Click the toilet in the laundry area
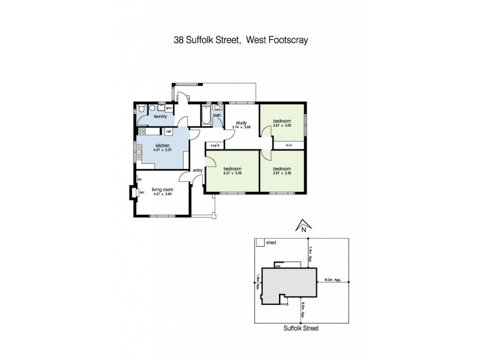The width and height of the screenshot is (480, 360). [x=140, y=109]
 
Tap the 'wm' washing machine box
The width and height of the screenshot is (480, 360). [x=169, y=108]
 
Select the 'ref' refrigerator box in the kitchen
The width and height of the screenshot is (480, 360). [x=169, y=131]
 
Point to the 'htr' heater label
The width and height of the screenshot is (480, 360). [x=142, y=192]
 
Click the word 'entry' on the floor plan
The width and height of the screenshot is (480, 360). [x=198, y=170]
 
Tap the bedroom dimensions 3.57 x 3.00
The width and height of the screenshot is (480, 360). [x=281, y=125]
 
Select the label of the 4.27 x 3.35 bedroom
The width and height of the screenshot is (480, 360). [x=232, y=169]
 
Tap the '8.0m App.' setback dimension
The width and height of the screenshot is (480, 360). [x=333, y=279]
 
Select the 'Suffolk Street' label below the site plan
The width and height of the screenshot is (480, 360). [x=301, y=328]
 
